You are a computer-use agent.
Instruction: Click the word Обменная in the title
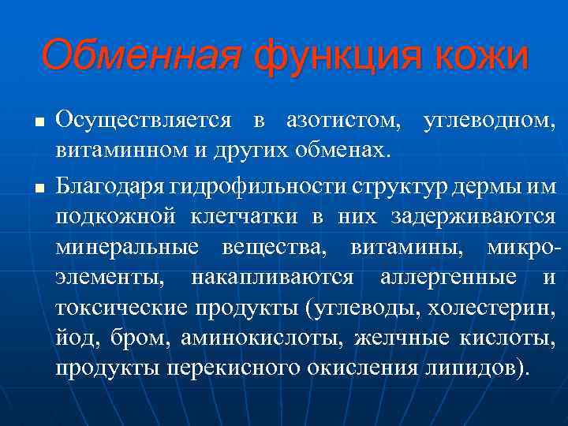tap(140, 56)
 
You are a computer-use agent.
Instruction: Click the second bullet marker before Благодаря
tap(37, 188)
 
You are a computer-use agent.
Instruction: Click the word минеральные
tap(127, 247)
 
